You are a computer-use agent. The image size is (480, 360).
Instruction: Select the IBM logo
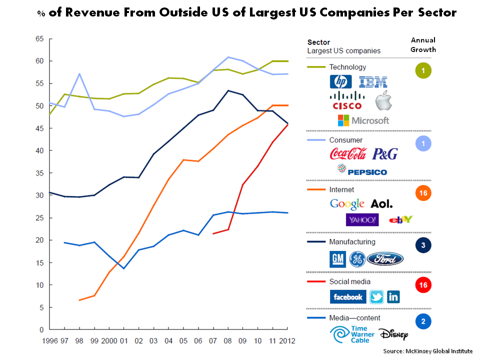(x=373, y=82)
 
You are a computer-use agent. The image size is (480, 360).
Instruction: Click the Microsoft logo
(x=363, y=120)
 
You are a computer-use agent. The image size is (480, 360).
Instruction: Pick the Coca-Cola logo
(x=348, y=154)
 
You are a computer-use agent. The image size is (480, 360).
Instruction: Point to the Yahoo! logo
(x=362, y=220)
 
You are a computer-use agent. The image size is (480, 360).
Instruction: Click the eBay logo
(x=400, y=220)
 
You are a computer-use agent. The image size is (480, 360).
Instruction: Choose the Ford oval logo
(x=385, y=259)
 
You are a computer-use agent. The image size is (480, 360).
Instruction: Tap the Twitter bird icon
(x=376, y=297)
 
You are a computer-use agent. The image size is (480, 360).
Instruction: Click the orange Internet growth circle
(x=423, y=192)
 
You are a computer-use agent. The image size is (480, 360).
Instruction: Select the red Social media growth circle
(x=423, y=284)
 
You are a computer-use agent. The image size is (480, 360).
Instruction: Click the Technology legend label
(x=347, y=67)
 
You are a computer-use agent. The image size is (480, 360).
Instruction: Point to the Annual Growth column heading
(x=423, y=44)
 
